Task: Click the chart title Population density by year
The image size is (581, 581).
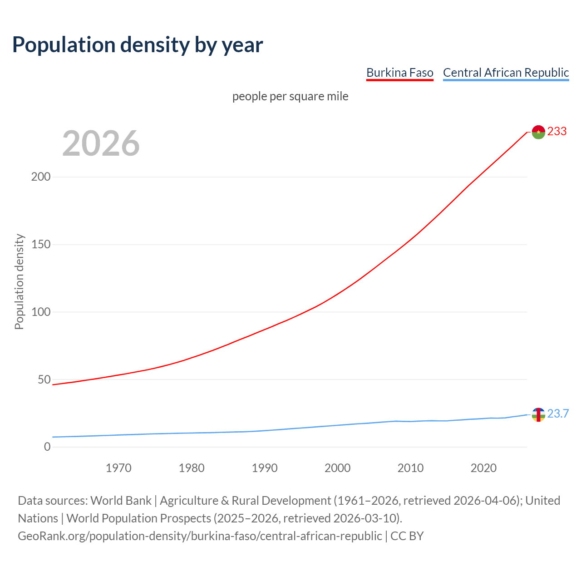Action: [x=138, y=45]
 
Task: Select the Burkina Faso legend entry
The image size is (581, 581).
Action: [x=399, y=73]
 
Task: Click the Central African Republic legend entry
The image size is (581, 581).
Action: [x=506, y=73]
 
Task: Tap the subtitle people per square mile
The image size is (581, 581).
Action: [x=290, y=97]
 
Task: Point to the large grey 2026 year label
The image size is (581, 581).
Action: [x=101, y=143]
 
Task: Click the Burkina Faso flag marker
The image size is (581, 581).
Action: [x=538, y=132]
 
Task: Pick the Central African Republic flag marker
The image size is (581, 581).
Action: [x=538, y=414]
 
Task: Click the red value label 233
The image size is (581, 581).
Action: [x=557, y=132]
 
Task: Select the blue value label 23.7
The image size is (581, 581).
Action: [x=558, y=414]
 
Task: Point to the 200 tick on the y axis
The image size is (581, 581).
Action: [x=40, y=177]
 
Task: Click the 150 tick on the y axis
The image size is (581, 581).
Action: [x=40, y=245]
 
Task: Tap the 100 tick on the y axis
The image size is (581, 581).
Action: [x=40, y=312]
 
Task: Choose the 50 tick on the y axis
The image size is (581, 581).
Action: [x=44, y=379]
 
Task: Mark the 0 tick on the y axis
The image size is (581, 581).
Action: [x=47, y=447]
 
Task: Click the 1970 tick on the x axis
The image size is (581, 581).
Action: [x=118, y=468]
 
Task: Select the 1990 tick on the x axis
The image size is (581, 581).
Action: [x=265, y=468]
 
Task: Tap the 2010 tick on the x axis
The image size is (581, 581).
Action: [x=410, y=468]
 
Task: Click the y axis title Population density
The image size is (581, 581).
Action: [x=19, y=281]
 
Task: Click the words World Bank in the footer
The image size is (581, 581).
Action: [x=121, y=501]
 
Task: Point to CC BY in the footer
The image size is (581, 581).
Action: [x=407, y=536]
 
